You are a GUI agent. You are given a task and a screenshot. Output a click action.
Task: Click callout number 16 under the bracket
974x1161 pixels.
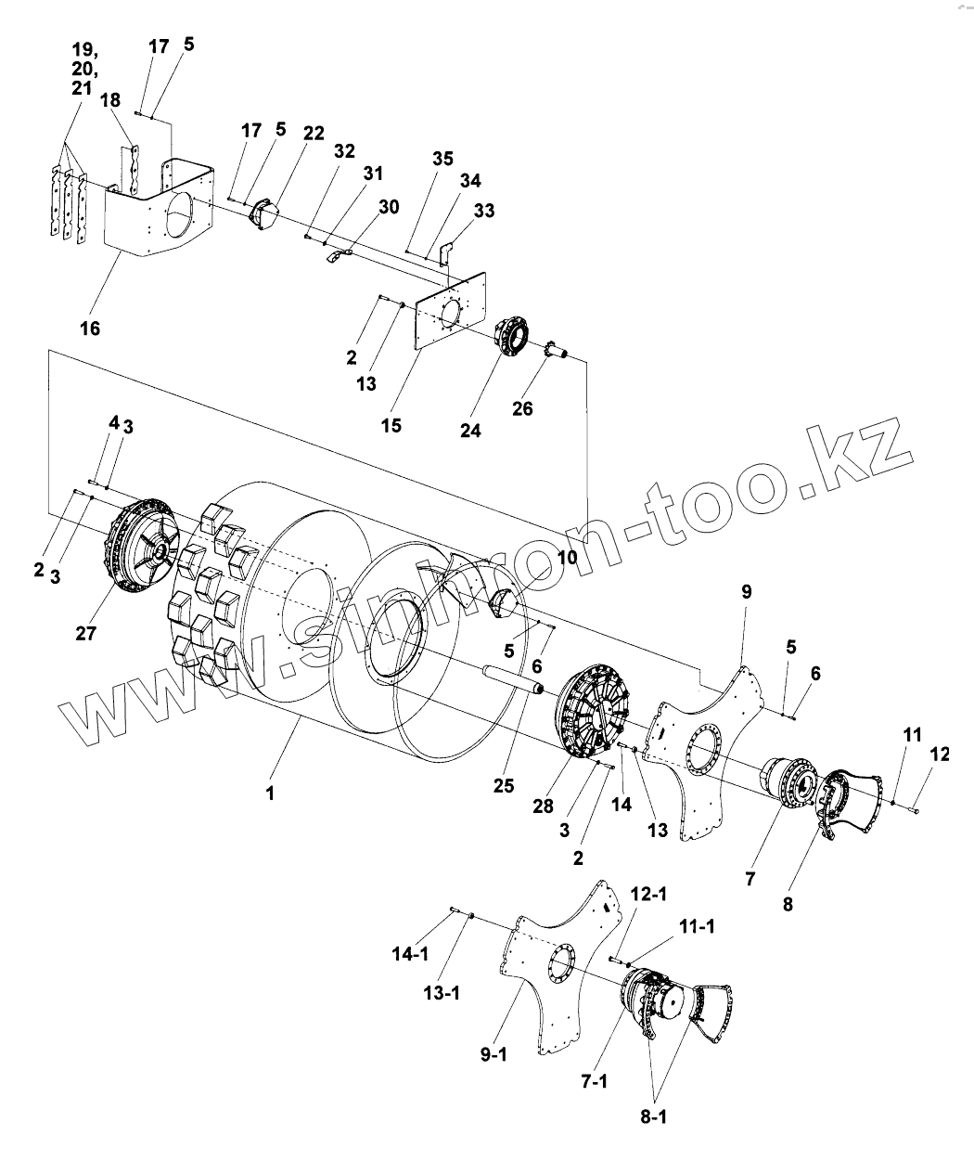(x=90, y=328)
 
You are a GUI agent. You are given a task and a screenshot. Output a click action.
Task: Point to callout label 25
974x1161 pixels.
(x=504, y=786)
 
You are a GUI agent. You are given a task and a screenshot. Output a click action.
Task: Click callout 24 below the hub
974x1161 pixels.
(x=471, y=431)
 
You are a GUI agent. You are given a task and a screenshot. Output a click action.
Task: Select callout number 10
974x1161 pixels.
(x=566, y=558)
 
